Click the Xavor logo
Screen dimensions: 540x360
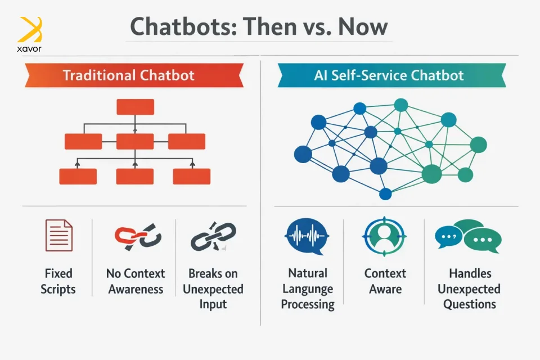click(x=29, y=34)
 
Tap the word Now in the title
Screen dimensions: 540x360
click(x=363, y=27)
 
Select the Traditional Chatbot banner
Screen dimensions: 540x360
click(x=134, y=75)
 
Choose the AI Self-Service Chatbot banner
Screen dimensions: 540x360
click(x=391, y=75)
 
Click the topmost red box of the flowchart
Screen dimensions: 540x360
click(x=136, y=107)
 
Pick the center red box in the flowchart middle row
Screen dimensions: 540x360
click(x=135, y=142)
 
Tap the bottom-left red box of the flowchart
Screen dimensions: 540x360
click(x=78, y=177)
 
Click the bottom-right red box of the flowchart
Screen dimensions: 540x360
click(x=191, y=177)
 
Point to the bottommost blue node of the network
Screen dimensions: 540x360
click(x=385, y=194)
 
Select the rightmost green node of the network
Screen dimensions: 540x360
click(x=478, y=145)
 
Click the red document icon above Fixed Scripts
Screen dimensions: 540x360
click(x=59, y=235)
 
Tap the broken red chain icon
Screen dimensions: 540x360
click(x=138, y=237)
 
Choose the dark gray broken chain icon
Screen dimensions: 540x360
click(x=214, y=236)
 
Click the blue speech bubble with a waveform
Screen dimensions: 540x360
click(x=307, y=237)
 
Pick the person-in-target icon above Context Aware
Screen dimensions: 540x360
click(x=384, y=237)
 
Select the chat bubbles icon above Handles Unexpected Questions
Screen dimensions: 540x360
click(x=469, y=236)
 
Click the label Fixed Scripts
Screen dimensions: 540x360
click(x=58, y=281)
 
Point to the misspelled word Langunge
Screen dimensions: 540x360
click(x=308, y=289)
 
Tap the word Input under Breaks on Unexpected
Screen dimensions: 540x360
click(x=213, y=304)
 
